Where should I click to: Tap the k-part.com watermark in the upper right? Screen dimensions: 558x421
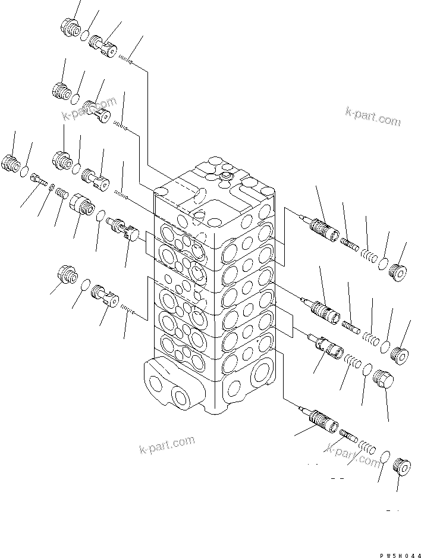coord(373,116)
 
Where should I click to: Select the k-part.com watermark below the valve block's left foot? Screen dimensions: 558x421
coord(166,444)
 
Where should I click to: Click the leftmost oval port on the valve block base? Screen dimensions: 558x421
coord(158,378)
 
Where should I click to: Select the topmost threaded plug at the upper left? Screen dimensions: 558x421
coord(70,27)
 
